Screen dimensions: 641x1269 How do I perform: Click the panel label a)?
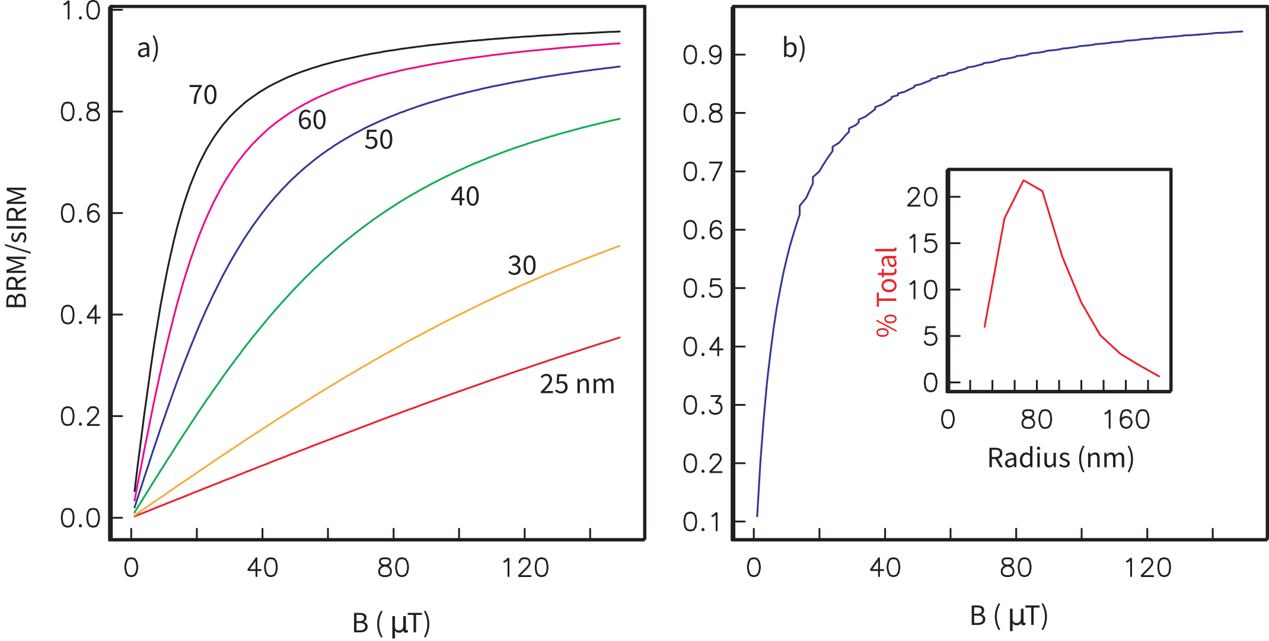(148, 49)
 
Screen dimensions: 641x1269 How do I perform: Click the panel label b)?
(793, 47)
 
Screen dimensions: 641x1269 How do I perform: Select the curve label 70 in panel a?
(203, 95)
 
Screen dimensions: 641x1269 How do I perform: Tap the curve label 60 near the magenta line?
(312, 120)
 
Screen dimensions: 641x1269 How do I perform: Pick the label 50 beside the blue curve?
(378, 140)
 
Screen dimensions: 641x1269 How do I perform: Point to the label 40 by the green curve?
(464, 197)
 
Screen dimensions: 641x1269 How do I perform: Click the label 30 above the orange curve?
(522, 265)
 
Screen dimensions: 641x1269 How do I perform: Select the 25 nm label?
(576, 384)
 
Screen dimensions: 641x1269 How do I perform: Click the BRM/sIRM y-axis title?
(17, 247)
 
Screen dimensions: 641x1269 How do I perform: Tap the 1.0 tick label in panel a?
(81, 11)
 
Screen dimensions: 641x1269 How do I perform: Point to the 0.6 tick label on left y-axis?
(81, 214)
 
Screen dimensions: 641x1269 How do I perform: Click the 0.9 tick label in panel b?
(703, 56)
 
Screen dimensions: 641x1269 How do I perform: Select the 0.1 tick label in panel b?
(703, 523)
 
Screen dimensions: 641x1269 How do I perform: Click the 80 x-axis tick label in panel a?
(393, 568)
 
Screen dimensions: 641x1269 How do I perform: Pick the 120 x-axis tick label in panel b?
(1147, 568)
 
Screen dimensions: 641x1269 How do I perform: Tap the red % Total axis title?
(887, 292)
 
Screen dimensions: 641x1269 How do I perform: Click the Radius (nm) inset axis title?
(1060, 458)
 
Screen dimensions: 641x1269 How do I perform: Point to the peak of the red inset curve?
(1024, 180)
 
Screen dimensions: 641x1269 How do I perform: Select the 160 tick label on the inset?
(1125, 420)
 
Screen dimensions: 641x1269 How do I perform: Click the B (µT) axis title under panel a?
(391, 623)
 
